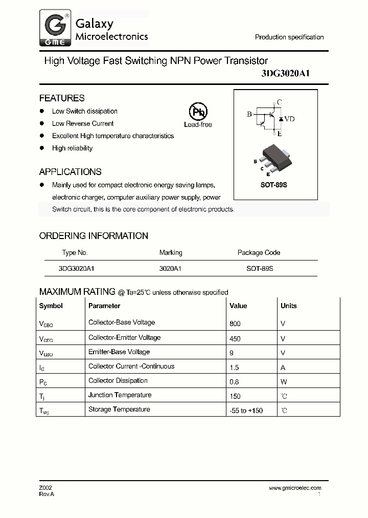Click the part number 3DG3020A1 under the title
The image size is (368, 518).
[x=286, y=74]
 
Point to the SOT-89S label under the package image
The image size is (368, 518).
[x=274, y=185]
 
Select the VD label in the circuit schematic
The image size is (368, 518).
[x=289, y=119]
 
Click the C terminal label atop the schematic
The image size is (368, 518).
[x=279, y=102]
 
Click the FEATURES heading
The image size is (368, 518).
[x=62, y=98]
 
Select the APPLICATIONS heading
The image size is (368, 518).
[x=70, y=172]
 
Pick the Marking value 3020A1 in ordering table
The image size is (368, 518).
[x=171, y=268]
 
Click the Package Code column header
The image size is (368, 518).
[x=259, y=252]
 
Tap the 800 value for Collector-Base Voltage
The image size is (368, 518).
[x=235, y=323]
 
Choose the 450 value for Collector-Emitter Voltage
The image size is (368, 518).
[x=235, y=338]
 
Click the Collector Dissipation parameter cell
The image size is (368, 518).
[x=118, y=380]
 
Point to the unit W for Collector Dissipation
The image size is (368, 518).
[x=283, y=381]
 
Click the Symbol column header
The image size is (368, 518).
[x=51, y=306]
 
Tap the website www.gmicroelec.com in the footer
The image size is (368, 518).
[x=295, y=488]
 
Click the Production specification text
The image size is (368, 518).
[x=289, y=37]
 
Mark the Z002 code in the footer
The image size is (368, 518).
[x=45, y=488]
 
